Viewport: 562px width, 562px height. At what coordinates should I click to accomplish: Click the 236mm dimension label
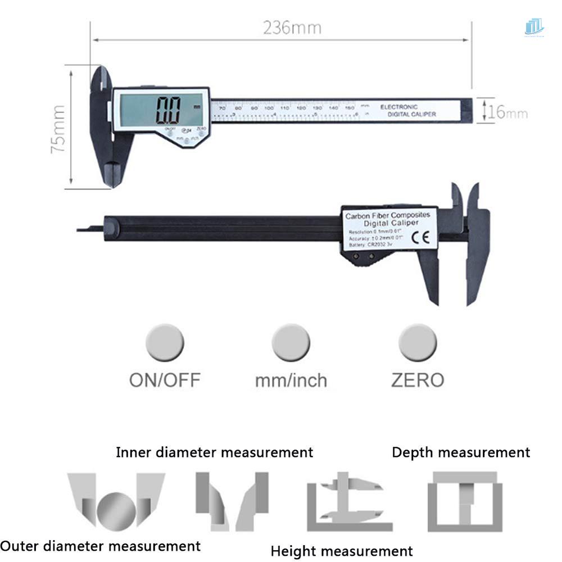coord(292,28)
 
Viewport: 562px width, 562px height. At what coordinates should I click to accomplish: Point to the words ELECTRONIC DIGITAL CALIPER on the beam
coord(407,110)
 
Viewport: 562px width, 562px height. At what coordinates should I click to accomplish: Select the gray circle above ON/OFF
coord(165,343)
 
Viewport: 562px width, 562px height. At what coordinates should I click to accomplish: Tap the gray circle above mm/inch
coord(291,343)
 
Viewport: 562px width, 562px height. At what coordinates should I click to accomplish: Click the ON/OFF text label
coord(165,380)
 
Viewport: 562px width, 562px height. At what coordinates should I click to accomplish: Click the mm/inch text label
coord(291,380)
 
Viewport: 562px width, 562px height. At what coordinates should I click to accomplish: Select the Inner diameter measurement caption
coord(214,452)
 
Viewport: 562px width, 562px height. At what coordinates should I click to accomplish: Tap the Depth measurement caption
coord(460,452)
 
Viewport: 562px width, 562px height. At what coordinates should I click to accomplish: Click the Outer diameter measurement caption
coord(101,545)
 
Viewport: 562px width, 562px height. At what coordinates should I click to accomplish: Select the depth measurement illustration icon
coord(464,501)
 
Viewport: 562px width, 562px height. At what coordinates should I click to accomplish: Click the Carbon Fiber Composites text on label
coord(387,215)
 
